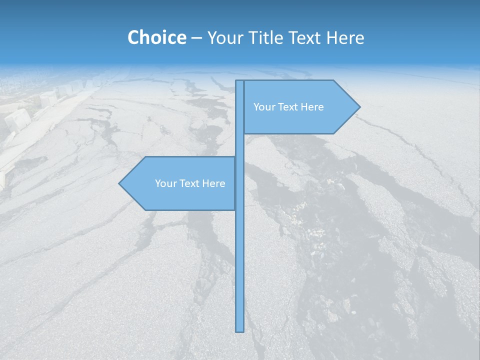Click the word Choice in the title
pyautogui.click(x=156, y=37)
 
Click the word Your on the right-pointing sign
pyautogui.click(x=263, y=107)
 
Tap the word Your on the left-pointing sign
pyautogui.click(x=164, y=183)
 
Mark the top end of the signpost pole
pyautogui.click(x=239, y=82)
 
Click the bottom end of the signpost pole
pyautogui.click(x=239, y=330)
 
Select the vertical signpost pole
pyautogui.click(x=239, y=250)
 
